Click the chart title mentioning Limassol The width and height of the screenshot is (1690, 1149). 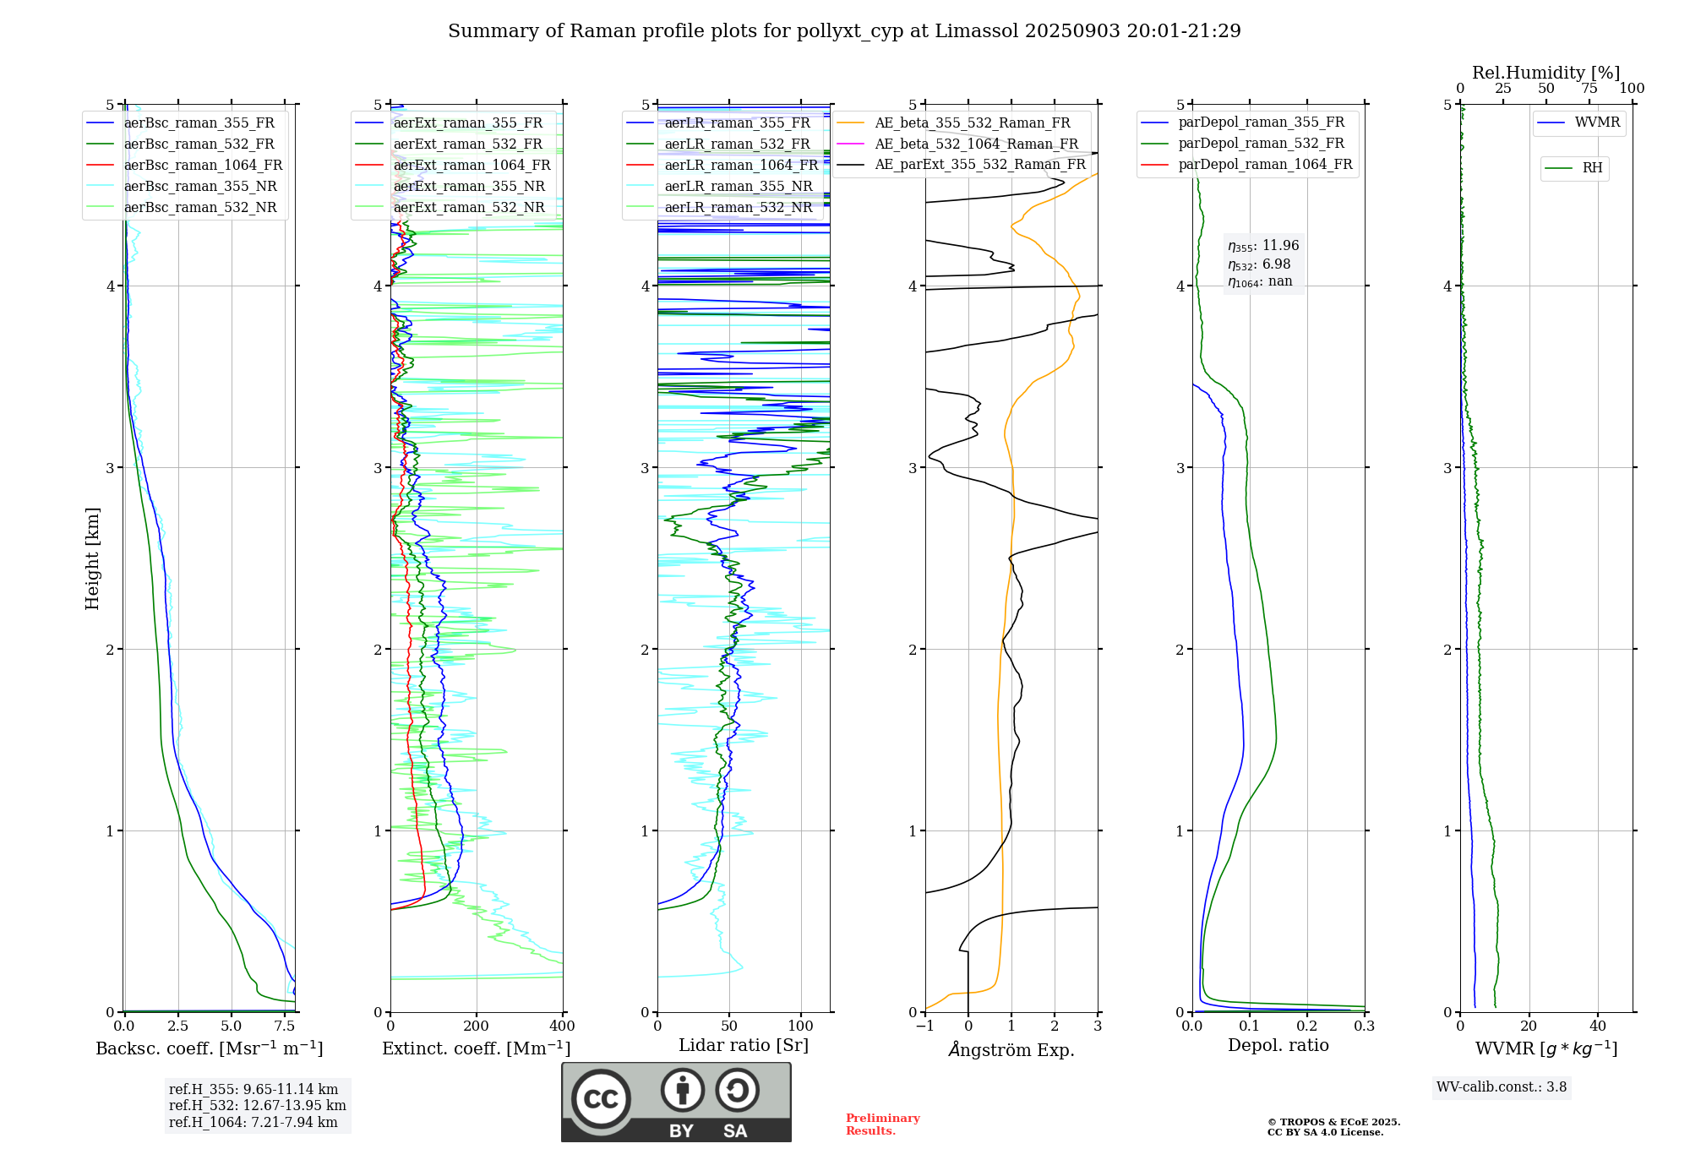click(844, 31)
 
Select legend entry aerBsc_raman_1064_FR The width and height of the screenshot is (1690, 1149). click(203, 166)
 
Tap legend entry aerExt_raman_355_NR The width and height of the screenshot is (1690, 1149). click(469, 187)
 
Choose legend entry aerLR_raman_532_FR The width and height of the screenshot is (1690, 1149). click(737, 144)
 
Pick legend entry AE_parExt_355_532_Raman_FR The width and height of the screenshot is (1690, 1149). click(980, 165)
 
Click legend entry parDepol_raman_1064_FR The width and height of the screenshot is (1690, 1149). click(1265, 165)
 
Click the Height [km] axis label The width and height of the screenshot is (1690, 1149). click(92, 558)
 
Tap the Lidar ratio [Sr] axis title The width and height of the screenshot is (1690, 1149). click(744, 1045)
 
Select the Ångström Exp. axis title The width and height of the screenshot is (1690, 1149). click(1011, 1050)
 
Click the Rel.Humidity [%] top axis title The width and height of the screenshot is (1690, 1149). click(1546, 73)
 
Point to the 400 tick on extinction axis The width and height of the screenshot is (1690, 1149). click(562, 1026)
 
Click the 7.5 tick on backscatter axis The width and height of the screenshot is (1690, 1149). click(285, 1026)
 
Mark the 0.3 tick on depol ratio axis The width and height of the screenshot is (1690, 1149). click(1364, 1026)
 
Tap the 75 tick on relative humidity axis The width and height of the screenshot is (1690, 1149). click(1589, 89)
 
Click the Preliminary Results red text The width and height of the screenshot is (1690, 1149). click(882, 1124)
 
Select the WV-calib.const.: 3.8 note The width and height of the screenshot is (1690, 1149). click(1501, 1087)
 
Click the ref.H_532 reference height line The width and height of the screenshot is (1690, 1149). click(257, 1106)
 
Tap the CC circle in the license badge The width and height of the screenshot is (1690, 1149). click(601, 1099)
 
